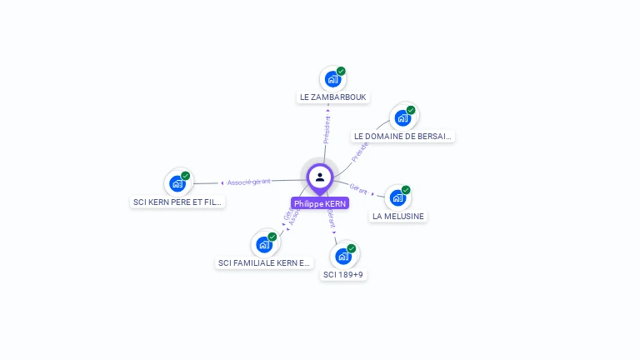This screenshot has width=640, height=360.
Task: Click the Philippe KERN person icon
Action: click(320, 177)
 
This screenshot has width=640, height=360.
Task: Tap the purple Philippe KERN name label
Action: click(320, 203)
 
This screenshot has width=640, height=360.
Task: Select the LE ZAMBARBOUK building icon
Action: click(332, 79)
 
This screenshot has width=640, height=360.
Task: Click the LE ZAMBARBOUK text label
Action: click(332, 97)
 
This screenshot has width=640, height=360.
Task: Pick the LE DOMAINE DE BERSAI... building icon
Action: click(403, 117)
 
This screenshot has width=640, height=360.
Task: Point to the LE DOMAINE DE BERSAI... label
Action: click(403, 136)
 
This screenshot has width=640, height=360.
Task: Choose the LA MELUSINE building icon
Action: click(397, 197)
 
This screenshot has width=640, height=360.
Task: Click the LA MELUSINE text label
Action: click(398, 216)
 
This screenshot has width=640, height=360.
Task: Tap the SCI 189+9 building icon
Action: click(343, 256)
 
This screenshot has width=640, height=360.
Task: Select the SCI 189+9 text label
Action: click(343, 274)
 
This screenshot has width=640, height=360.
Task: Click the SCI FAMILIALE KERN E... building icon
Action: click(264, 244)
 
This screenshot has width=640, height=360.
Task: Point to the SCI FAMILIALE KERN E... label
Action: click(264, 262)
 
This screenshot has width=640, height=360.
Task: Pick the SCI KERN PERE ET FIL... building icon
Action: click(177, 183)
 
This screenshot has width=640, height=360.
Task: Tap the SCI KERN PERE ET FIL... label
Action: click(178, 202)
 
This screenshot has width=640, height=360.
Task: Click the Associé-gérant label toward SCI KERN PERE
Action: click(248, 182)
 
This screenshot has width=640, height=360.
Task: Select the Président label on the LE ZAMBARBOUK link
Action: click(327, 129)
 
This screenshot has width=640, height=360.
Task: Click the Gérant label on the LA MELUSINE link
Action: click(359, 189)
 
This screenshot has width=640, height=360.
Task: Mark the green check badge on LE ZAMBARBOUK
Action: click(341, 71)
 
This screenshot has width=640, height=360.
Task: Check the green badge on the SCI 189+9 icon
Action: click(352, 248)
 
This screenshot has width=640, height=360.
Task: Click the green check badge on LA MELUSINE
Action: click(406, 190)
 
